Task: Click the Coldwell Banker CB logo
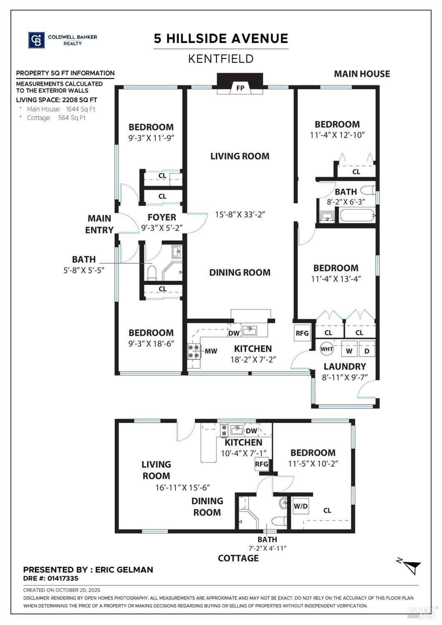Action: click(x=36, y=40)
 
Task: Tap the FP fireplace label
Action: click(x=240, y=88)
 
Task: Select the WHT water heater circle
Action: click(x=326, y=349)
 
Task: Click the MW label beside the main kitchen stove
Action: click(x=211, y=351)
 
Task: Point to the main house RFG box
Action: click(x=302, y=333)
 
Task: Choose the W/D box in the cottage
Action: click(x=301, y=507)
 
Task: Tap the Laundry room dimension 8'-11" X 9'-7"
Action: click(x=344, y=378)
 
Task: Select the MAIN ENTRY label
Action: click(x=99, y=224)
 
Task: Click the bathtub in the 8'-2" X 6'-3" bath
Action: click(x=357, y=216)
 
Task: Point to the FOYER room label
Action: click(x=162, y=217)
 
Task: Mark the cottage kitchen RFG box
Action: click(x=261, y=464)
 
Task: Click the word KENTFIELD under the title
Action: click(x=221, y=59)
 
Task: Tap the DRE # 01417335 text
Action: click(x=50, y=578)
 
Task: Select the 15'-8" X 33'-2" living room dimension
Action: click(x=240, y=214)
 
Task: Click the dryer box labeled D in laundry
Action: click(x=367, y=351)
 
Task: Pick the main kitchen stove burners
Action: click(x=193, y=351)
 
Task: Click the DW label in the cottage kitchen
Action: click(x=251, y=431)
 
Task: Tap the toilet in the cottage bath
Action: click(x=279, y=521)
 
